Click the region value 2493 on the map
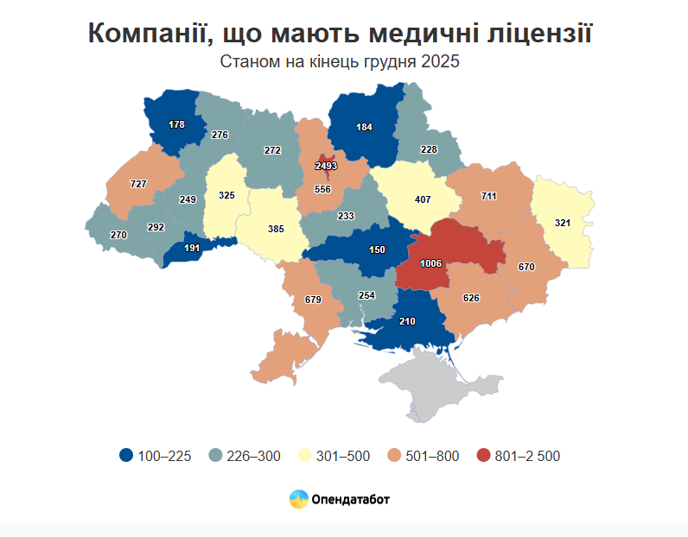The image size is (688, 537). (x=326, y=165)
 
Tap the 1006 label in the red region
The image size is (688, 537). (x=430, y=262)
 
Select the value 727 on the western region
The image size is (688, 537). (x=137, y=184)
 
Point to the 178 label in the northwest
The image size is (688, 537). (x=177, y=124)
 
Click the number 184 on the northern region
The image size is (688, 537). (x=364, y=127)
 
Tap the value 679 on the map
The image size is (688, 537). (x=313, y=300)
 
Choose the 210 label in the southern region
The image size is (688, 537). (x=408, y=321)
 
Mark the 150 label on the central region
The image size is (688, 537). (x=377, y=250)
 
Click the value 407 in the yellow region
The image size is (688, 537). (x=422, y=199)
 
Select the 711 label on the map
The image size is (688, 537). (x=488, y=196)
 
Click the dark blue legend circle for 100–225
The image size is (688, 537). (x=126, y=456)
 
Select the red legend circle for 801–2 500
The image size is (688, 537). (x=482, y=456)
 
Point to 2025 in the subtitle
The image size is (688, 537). (x=439, y=62)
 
